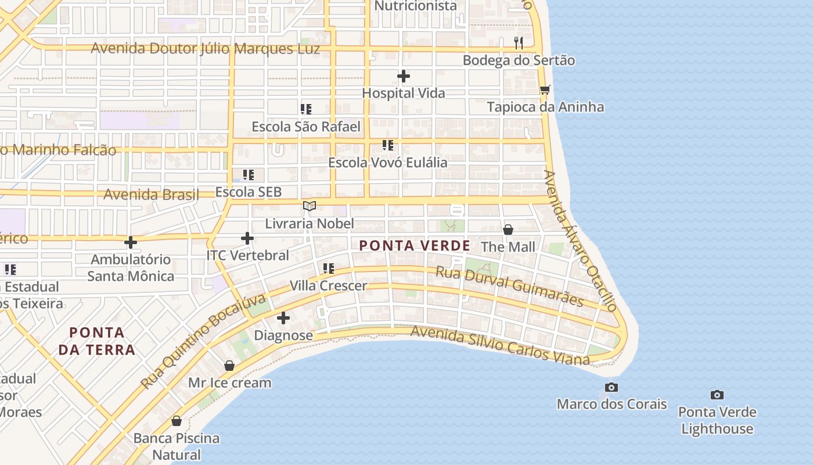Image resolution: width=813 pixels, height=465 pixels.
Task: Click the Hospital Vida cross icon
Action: pos(404,76)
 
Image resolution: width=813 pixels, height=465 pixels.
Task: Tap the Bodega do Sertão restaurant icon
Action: pos(519,42)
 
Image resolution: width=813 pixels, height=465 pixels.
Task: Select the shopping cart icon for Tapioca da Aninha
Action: pos(545,90)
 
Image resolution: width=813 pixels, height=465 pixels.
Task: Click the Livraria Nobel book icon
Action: pos(310,206)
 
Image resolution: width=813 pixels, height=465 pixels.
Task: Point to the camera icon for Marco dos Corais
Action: pos(611,387)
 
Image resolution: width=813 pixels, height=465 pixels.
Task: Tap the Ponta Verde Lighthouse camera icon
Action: pos(717,395)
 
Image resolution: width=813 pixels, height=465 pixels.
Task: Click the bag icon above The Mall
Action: pos(508,230)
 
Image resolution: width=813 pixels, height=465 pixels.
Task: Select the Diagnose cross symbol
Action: pos(283,318)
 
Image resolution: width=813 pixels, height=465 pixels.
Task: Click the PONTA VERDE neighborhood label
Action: pos(415,246)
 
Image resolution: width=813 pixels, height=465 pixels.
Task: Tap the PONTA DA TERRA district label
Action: pos(97,341)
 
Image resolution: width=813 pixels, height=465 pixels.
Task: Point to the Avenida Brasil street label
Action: pos(151,195)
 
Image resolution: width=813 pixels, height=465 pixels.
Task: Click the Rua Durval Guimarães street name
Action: pos(509,285)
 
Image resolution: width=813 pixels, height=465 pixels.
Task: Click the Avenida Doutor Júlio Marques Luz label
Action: pos(205,48)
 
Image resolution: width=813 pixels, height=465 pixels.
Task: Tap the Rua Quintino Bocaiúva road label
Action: pos(203,342)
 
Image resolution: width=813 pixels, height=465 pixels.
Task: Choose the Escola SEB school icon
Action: pos(249,174)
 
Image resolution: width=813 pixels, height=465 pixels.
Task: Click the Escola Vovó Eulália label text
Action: pos(388,162)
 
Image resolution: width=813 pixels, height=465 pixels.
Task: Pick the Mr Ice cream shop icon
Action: pos(229,366)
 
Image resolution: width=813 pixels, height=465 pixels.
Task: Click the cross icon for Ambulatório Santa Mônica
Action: pos(131,242)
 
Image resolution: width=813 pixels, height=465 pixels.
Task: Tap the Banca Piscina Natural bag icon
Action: pos(177,421)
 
